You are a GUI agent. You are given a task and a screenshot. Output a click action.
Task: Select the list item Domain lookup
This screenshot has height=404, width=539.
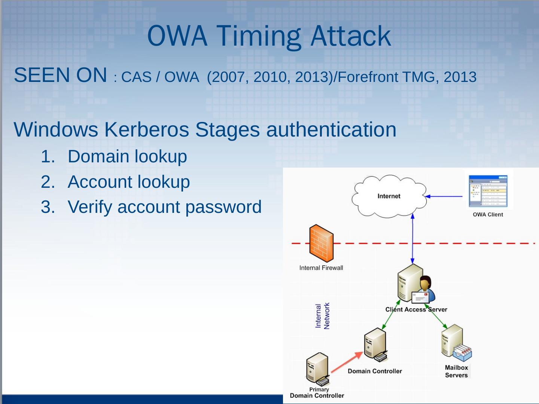127,156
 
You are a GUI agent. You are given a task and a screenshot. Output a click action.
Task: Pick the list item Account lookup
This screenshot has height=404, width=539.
128,182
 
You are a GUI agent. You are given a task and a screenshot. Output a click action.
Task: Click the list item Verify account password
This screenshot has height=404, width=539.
164,207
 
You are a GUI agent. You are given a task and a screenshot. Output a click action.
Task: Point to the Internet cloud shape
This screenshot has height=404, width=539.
389,196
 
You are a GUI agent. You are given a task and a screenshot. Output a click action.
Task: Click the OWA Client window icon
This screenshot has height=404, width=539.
488,190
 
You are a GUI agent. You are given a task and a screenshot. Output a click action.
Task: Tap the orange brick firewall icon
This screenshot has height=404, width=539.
321,244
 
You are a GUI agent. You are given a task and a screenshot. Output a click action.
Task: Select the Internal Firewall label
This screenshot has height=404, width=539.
321,268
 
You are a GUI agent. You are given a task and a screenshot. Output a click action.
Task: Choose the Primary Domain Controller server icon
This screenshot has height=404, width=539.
317,369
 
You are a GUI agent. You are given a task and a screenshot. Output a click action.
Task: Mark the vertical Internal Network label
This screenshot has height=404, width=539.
322,316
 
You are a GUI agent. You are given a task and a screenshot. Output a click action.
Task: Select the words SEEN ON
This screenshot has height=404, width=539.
60,75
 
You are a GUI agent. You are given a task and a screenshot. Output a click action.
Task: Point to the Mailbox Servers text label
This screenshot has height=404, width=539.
456,371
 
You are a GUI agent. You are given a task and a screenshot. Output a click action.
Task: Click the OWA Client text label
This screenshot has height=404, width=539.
488,214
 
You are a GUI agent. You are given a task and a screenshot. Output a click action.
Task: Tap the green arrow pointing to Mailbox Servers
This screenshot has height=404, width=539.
438,320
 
